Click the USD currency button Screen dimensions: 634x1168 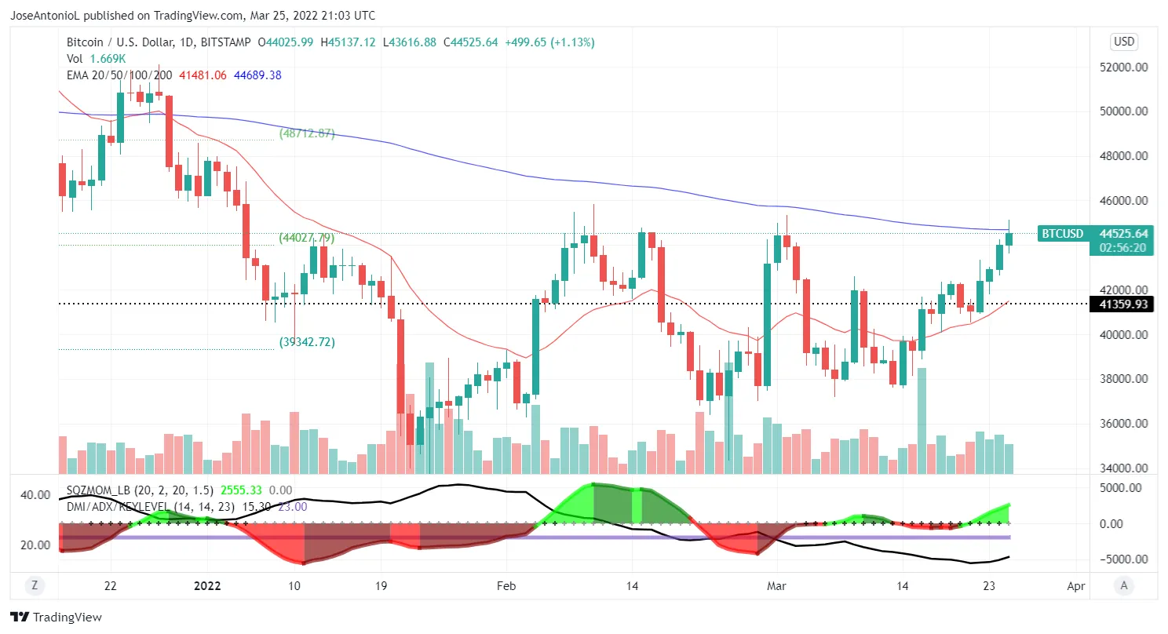[x=1124, y=42]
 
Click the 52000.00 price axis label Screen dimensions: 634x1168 [x=1122, y=67]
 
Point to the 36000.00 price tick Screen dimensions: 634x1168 [x=1122, y=424]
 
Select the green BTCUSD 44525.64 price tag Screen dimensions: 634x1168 [x=1097, y=233]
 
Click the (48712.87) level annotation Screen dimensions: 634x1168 [x=307, y=133]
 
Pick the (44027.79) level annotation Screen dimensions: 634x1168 [x=307, y=238]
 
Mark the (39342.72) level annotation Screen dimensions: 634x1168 [x=307, y=342]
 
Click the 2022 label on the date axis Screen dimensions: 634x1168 [x=208, y=585]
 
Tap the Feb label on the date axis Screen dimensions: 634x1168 [x=506, y=585]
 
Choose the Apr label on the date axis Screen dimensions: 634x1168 [x=1076, y=585]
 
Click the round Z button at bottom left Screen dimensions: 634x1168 [x=34, y=585]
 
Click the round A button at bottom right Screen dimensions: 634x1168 [x=1124, y=585]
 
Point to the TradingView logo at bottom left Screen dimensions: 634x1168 [x=56, y=618]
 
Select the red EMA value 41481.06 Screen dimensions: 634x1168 [x=203, y=75]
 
